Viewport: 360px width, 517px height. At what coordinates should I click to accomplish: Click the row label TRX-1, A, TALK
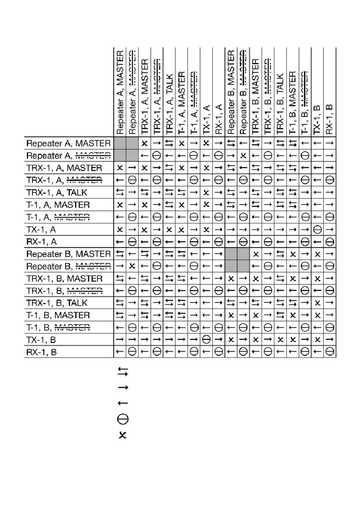pyautogui.click(x=57, y=193)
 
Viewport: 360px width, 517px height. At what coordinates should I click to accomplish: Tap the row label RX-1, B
pyautogui.click(x=41, y=352)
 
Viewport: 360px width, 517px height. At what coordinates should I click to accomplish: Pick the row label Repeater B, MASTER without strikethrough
pyautogui.click(x=69, y=254)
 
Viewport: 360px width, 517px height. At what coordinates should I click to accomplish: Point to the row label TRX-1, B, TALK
pyautogui.click(x=57, y=303)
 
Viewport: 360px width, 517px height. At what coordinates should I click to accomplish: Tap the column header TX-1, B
pyautogui.click(x=318, y=119)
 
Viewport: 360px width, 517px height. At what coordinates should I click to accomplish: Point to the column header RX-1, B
pyautogui.click(x=330, y=119)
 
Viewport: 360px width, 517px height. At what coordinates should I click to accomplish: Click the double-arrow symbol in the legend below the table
pyautogui.click(x=123, y=371)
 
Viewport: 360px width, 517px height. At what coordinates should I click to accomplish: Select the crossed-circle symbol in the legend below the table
pyautogui.click(x=123, y=419)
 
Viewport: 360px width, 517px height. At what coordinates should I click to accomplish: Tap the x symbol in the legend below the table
pyautogui.click(x=122, y=435)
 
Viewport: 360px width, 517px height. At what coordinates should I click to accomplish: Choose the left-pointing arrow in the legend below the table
pyautogui.click(x=123, y=403)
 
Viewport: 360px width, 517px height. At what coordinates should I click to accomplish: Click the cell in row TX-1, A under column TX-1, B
pyautogui.click(x=318, y=229)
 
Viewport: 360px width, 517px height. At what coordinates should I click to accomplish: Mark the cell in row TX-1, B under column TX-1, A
pyautogui.click(x=206, y=340)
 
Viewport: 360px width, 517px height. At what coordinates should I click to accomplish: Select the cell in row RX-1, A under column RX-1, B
pyautogui.click(x=330, y=241)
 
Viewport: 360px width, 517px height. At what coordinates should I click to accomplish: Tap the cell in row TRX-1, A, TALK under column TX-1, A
pyautogui.click(x=206, y=193)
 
